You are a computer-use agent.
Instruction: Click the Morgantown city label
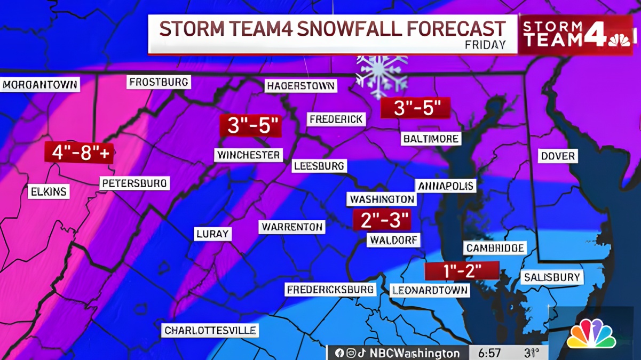coord(41,84)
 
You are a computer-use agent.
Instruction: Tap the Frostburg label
coord(159,82)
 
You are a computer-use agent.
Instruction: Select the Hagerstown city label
coord(301,86)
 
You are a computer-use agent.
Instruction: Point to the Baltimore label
coord(431,139)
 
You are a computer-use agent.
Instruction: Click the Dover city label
coord(558,156)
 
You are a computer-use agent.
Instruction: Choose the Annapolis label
coord(446,186)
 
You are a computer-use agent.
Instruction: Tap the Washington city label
coord(382,199)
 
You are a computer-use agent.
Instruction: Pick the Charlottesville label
coord(210,331)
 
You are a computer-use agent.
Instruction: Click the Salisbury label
coord(552,277)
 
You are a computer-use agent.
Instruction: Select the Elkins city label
coord(49,191)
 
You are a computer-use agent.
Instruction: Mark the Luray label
coord(212,234)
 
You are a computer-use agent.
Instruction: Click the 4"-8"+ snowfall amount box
coord(78,153)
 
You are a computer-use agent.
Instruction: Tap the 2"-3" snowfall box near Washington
coord(382,220)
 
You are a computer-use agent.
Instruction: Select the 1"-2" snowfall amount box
coord(462,271)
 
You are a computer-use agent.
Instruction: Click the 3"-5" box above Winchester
coord(250,126)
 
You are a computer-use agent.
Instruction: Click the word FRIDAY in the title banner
coord(485,45)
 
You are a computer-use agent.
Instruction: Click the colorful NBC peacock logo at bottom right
coord(591,334)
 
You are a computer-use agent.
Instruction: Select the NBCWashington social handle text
coord(414,353)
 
